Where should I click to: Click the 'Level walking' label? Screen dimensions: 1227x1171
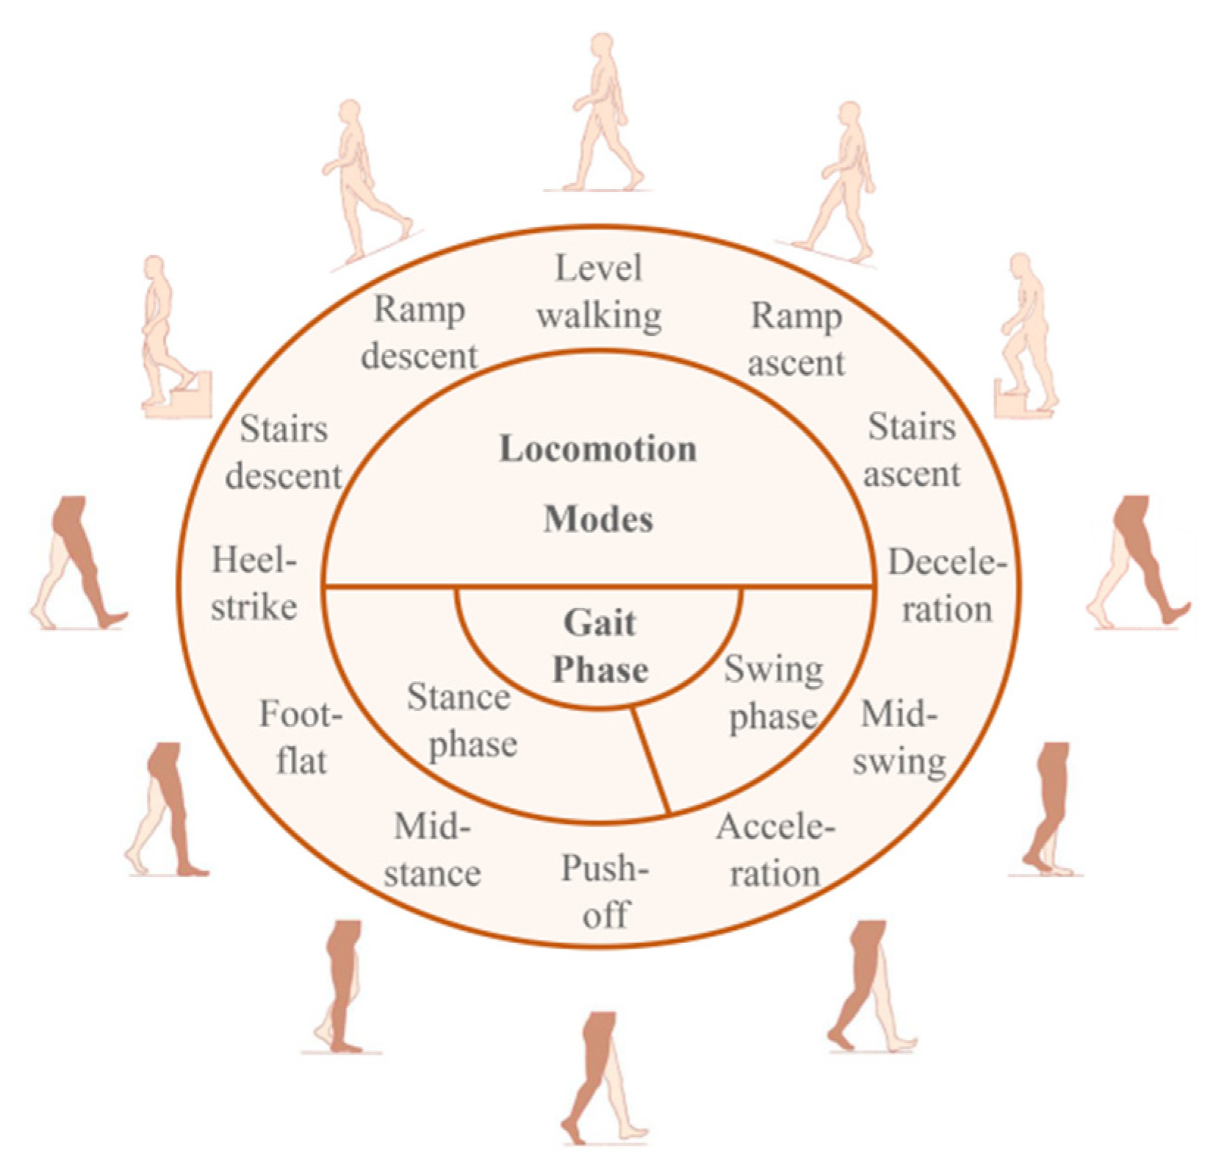599,292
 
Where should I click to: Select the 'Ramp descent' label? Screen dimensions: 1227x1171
420,332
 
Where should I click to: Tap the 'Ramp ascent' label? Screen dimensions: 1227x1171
796,339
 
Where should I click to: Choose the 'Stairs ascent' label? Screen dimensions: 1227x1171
912,450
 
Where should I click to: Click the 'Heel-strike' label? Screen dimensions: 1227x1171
254,584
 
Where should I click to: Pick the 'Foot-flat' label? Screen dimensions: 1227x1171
301,737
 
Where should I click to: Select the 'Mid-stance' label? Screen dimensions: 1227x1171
432,850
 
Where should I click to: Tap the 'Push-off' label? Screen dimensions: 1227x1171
605,891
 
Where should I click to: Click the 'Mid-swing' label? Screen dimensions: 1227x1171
899,737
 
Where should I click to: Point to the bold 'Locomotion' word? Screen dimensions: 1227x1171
598,448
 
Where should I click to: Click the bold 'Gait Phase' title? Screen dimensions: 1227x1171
600,646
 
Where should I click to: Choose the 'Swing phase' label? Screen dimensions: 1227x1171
774,692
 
